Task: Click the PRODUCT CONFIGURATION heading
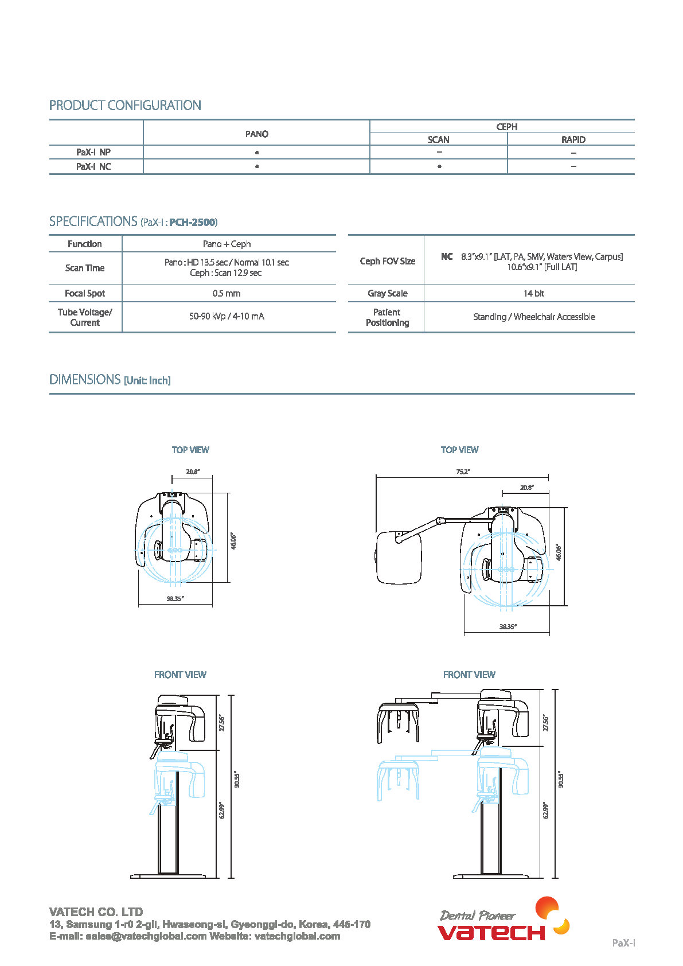(x=125, y=106)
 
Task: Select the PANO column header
(x=256, y=134)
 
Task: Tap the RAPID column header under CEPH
(x=573, y=139)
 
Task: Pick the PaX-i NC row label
(x=93, y=166)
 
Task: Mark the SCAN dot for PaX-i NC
(x=439, y=166)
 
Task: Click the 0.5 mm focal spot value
(x=227, y=293)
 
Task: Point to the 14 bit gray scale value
(x=533, y=293)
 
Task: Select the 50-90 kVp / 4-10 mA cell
(x=227, y=316)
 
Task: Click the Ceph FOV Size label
(x=387, y=261)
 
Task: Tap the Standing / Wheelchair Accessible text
(x=534, y=317)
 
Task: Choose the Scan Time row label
(x=85, y=268)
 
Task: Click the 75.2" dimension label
(x=463, y=472)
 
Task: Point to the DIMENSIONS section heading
(x=85, y=380)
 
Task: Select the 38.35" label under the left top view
(x=175, y=598)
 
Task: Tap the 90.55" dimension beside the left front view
(x=237, y=780)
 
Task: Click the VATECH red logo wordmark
(x=491, y=932)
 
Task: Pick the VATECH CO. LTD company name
(x=96, y=912)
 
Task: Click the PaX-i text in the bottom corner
(x=623, y=942)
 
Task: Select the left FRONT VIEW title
(x=180, y=675)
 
